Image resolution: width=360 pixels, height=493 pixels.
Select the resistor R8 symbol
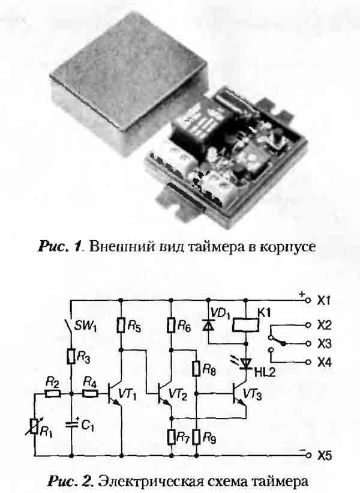pos(197,367)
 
